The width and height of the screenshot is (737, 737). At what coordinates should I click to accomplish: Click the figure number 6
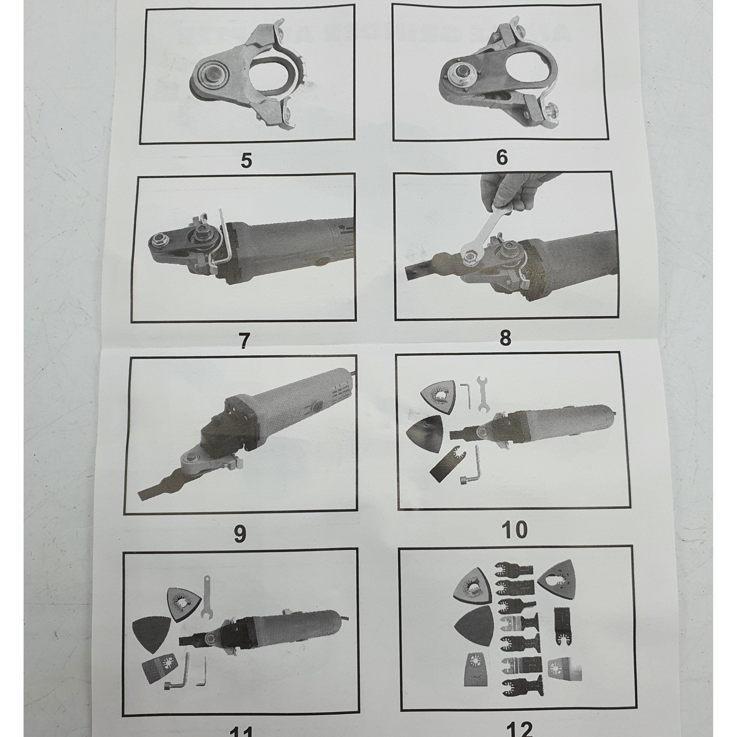[x=502, y=157]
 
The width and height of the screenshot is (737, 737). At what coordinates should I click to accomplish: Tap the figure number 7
[x=244, y=341]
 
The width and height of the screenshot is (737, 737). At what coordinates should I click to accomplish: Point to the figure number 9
[x=240, y=534]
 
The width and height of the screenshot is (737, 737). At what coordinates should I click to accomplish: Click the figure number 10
[x=515, y=529]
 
